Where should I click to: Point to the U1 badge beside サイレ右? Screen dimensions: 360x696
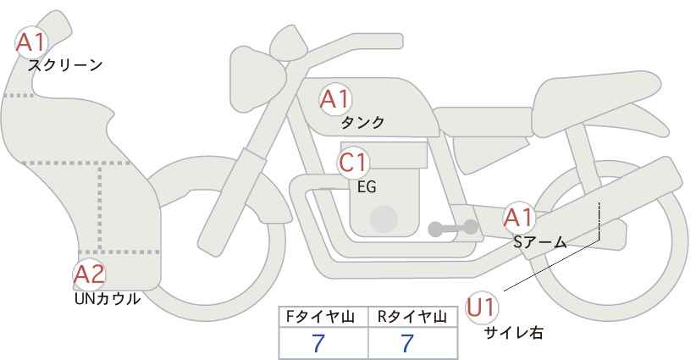pyautogui.click(x=483, y=307)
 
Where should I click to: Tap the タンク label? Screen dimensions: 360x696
pyautogui.click(x=362, y=123)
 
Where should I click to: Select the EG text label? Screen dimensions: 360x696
pyautogui.click(x=367, y=187)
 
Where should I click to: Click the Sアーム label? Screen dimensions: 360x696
pyautogui.click(x=539, y=242)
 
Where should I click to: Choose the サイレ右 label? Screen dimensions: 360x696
pyautogui.click(x=513, y=333)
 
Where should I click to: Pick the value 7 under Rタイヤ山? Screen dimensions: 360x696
pyautogui.click(x=407, y=343)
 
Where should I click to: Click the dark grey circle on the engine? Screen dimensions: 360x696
pyautogui.click(x=384, y=219)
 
